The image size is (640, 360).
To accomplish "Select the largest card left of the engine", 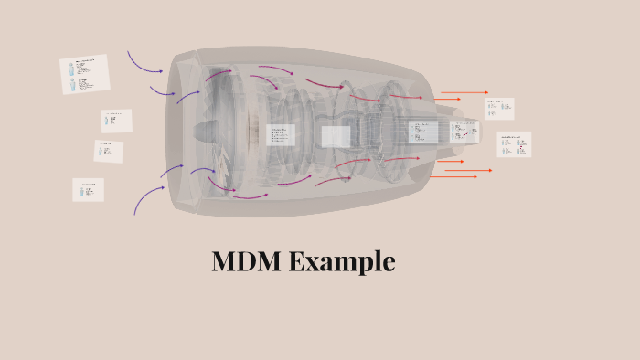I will click(x=84, y=74).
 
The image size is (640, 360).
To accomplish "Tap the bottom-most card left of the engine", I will click(x=88, y=189).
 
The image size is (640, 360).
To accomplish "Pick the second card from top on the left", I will click(x=116, y=121).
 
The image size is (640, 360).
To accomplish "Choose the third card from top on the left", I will click(x=108, y=151).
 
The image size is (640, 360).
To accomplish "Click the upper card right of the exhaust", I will click(x=499, y=108).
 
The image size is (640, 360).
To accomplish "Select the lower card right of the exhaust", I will click(x=514, y=143).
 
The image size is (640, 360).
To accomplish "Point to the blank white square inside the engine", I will click(x=336, y=136).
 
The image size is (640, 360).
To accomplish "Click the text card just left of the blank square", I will click(x=281, y=135).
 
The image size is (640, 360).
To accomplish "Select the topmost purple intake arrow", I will click(x=144, y=61).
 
